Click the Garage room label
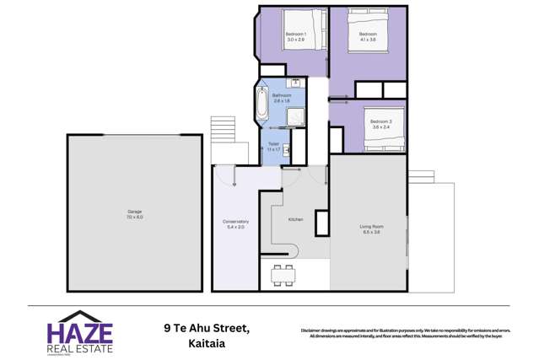click(x=134, y=214)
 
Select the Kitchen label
click(x=295, y=218)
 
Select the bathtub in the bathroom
click(x=259, y=106)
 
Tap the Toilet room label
click(x=273, y=143)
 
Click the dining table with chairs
click(x=283, y=275)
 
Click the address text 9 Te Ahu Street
click(x=208, y=326)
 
